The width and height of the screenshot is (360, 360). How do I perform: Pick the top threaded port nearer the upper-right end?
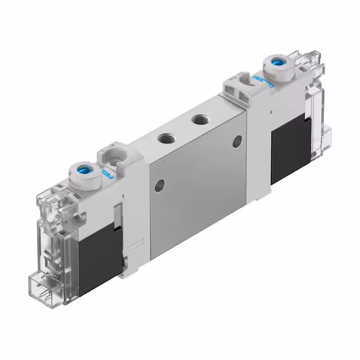pyautogui.click(x=198, y=119)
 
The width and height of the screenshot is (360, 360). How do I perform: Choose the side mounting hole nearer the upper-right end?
pyautogui.click(x=237, y=141)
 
